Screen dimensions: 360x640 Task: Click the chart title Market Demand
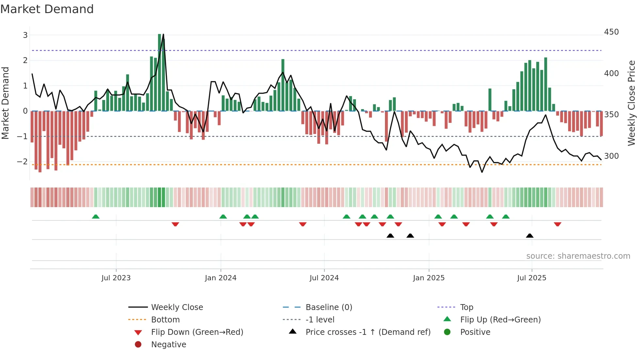click(47, 9)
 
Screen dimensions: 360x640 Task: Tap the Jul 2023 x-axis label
click(116, 278)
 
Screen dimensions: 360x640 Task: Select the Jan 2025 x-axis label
click(428, 278)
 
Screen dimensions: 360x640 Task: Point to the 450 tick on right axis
click(611, 32)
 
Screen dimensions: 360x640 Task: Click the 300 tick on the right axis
click(611, 156)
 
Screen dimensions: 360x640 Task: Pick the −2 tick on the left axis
click(22, 162)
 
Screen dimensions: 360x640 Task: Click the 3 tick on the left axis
click(25, 35)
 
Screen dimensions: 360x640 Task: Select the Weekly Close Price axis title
click(632, 103)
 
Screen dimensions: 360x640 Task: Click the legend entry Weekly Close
click(177, 307)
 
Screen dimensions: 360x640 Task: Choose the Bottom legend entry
click(165, 320)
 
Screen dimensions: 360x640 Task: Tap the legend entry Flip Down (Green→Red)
click(197, 332)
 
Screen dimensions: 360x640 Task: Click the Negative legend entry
click(168, 345)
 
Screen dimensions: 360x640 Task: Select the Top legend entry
click(466, 307)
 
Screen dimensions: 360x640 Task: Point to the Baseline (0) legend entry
click(328, 307)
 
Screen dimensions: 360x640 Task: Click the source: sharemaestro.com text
click(578, 256)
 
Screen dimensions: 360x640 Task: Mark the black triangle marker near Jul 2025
click(530, 236)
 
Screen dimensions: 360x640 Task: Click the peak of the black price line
click(163, 34)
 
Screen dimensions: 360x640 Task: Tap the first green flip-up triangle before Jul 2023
click(96, 217)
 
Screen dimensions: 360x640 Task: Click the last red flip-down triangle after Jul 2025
click(557, 224)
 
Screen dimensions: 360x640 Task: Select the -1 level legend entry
click(320, 320)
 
